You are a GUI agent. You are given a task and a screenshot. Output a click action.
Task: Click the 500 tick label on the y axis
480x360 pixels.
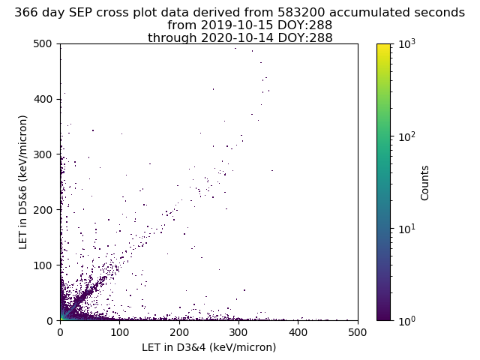43,43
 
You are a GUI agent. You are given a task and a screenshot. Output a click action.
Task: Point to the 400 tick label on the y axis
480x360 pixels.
43,99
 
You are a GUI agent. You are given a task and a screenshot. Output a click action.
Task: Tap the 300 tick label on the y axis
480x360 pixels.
43,154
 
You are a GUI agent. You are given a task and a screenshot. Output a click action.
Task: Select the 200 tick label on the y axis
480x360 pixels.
43,210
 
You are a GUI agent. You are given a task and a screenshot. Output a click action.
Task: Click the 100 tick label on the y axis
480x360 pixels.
43,265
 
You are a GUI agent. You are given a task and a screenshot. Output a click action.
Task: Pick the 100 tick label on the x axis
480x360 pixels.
120,332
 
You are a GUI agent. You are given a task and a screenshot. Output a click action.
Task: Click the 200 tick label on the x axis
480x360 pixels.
179,332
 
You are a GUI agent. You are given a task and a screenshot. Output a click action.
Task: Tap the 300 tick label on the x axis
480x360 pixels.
238,332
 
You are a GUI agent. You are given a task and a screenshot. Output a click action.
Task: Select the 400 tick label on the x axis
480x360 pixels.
298,332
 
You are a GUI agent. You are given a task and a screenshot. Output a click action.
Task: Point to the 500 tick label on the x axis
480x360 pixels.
357,332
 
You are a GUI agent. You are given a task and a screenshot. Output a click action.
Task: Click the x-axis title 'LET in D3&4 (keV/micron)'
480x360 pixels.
209,347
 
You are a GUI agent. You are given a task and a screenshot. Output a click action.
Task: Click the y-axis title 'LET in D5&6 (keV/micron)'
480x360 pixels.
23,182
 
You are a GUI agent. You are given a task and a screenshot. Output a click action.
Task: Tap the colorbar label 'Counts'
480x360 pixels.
424,183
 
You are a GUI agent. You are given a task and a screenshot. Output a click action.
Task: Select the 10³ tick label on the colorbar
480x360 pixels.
407,43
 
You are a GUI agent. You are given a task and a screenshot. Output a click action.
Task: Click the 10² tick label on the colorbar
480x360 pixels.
407,136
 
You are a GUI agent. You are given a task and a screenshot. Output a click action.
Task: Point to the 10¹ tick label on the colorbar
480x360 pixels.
407,229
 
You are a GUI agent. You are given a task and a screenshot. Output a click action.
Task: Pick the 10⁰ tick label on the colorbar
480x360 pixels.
407,321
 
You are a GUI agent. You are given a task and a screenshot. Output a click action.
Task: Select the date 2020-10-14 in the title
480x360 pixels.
237,38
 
